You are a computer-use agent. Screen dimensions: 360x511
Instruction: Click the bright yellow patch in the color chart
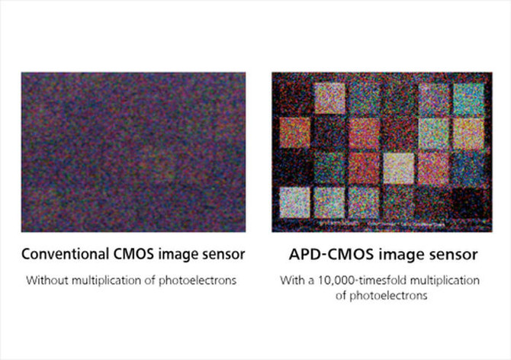[398, 166]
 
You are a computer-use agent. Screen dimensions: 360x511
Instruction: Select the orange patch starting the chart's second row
[294, 131]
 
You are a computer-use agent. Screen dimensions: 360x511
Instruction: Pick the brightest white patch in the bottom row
[294, 200]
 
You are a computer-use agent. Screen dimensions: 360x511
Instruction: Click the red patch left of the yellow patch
[364, 166]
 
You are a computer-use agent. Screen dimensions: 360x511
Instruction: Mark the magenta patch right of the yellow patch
[433, 166]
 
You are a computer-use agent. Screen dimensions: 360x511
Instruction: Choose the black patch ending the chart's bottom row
[468, 200]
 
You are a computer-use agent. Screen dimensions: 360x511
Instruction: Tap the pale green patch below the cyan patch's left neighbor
[433, 131]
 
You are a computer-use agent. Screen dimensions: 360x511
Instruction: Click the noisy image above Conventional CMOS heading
[133, 152]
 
